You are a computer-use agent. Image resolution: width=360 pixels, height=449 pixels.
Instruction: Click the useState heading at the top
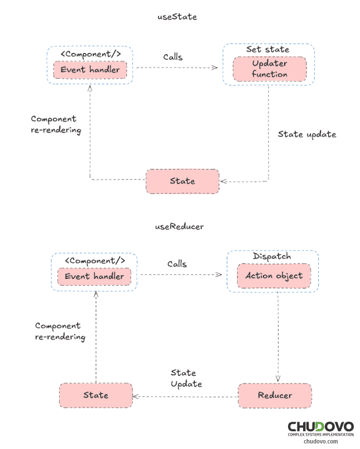coord(177,17)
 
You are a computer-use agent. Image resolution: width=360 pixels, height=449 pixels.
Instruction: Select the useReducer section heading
coord(179,227)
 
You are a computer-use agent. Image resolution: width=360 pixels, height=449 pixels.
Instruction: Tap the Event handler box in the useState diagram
coord(90,70)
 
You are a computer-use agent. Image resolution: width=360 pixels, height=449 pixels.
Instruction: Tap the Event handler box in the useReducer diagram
coord(94,276)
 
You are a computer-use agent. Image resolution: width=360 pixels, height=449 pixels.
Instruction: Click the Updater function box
coord(270,69)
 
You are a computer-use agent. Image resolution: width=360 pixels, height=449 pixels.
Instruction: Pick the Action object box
coord(273,276)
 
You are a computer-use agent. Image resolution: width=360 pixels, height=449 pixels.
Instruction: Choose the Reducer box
coord(275,395)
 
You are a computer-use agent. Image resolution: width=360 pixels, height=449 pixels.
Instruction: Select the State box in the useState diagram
coord(183,181)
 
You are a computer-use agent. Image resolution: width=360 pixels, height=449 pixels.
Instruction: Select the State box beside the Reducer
coord(96,395)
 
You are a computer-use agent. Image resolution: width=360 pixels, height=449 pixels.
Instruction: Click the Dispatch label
coord(272,257)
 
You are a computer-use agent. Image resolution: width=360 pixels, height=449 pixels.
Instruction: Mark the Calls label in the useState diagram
coord(173,57)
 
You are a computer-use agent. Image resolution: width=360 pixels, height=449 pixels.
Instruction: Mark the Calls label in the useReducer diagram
coord(177,264)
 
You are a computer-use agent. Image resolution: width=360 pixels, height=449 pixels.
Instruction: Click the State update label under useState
coord(307,134)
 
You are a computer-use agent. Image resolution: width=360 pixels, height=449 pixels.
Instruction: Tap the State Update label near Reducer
coord(186,378)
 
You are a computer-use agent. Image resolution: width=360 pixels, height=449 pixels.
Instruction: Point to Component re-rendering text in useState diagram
coord(56,124)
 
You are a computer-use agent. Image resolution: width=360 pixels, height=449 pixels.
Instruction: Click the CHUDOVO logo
coord(320,428)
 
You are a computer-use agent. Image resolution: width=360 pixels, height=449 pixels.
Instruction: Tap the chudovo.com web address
coord(320,441)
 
